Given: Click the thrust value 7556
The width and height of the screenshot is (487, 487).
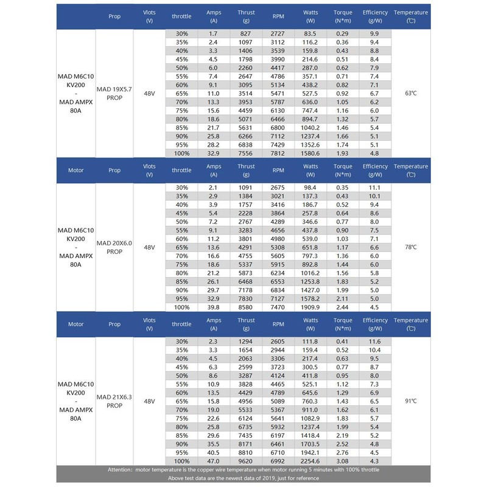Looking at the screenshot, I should point(246,153).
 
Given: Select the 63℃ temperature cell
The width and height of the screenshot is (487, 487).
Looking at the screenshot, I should point(410,93).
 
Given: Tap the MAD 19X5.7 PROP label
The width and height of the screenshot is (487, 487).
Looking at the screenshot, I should point(114,93).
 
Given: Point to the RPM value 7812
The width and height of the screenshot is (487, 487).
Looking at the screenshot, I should point(278,153).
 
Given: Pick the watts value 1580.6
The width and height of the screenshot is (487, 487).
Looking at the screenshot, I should point(310,153).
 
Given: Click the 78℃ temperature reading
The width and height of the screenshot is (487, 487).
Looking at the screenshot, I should point(410,247).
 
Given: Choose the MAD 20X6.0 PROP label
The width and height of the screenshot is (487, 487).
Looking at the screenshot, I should point(114,247).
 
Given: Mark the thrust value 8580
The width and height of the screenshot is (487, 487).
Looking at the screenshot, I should point(246,308).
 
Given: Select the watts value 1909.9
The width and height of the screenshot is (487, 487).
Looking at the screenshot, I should point(310,308).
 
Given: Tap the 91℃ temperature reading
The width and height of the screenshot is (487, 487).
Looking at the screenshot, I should point(410,401).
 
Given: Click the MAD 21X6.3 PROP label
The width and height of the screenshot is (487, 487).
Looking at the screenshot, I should point(114,401).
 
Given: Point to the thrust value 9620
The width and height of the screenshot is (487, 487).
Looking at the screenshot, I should point(246,461).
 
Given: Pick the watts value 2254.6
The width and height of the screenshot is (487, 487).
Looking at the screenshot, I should point(310,461).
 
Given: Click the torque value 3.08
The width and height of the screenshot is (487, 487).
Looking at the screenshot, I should point(343,461).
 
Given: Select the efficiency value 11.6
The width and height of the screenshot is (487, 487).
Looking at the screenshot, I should point(374,342).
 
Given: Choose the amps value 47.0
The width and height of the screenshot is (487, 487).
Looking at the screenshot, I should point(213,461).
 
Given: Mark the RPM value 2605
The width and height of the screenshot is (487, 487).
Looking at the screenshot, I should point(278,342).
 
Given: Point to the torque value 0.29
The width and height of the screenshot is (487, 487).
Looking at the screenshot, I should point(343,33).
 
